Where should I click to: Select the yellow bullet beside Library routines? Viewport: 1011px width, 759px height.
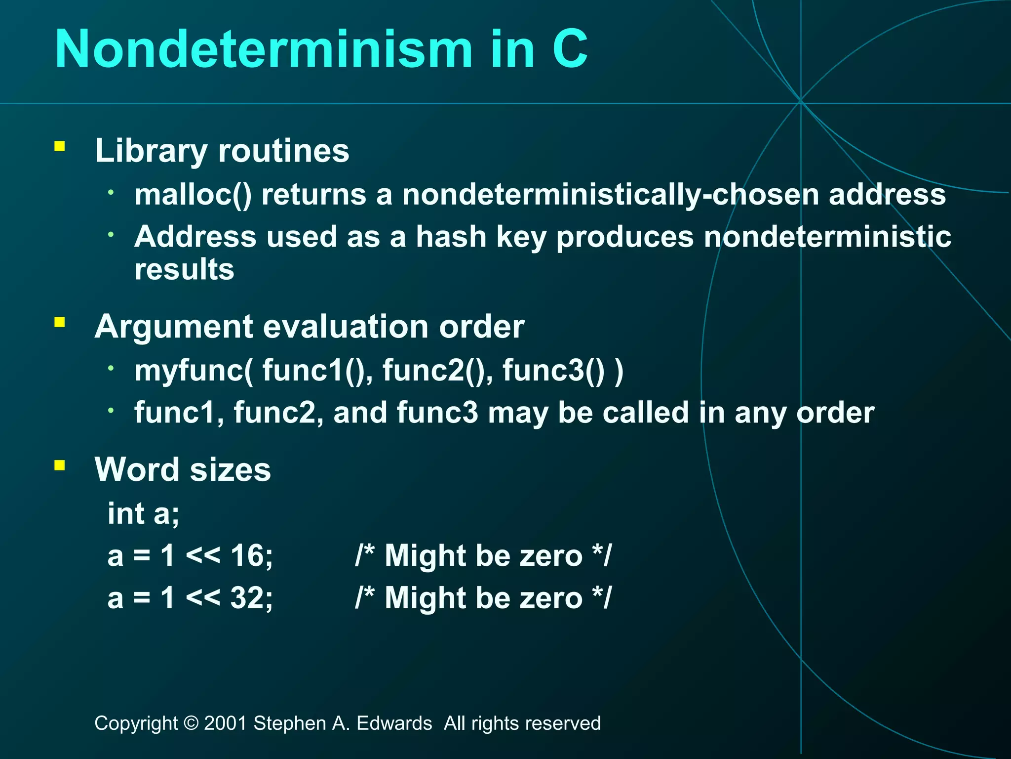coord(60,146)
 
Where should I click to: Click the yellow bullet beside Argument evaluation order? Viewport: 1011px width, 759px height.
coord(60,323)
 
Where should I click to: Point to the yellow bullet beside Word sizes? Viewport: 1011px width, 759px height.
coord(60,465)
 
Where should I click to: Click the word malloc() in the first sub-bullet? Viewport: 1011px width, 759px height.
coord(193,195)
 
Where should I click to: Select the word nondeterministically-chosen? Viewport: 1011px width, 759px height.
coord(610,195)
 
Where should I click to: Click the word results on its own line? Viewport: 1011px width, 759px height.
coord(184,270)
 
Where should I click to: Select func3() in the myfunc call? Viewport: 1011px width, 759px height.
coord(553,371)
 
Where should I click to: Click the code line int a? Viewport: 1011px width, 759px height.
coord(143,514)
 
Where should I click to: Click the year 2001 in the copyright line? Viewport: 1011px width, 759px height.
coord(225,723)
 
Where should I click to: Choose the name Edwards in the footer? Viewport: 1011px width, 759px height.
coord(394,723)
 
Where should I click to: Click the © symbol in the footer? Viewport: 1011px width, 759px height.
coord(191,723)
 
